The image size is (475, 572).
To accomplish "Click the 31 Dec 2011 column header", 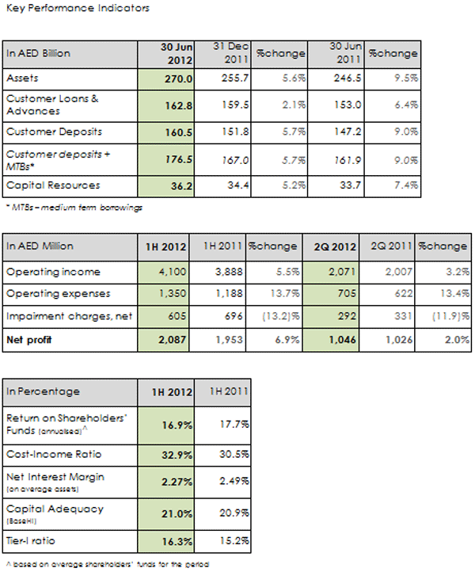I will (227, 53).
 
